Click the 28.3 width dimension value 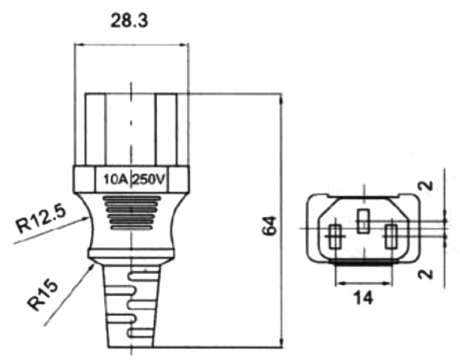129,21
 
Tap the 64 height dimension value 269,226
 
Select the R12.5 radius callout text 40,218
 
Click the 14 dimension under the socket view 364,298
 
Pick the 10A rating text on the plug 115,179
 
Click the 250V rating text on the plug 148,179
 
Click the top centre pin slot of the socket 363,221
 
